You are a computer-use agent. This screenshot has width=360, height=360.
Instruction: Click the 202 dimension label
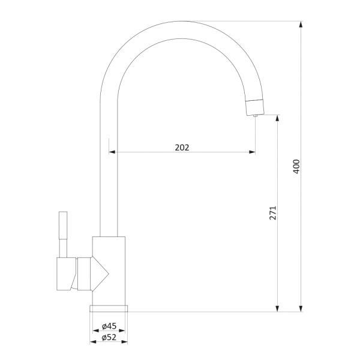point(182,148)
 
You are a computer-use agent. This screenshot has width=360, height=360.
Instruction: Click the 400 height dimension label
point(296,166)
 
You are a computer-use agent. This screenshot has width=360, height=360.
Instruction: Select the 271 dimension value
point(273,213)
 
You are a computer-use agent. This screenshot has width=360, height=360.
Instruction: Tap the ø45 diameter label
point(109,326)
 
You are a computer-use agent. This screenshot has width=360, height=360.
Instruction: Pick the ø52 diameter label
point(109,337)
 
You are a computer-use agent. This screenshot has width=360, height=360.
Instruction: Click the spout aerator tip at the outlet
point(254,107)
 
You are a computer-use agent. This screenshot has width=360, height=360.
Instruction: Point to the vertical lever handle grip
point(63,225)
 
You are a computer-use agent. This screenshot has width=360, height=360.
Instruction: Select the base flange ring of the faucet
point(109,308)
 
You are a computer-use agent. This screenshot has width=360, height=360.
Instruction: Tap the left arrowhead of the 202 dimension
point(112,152)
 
